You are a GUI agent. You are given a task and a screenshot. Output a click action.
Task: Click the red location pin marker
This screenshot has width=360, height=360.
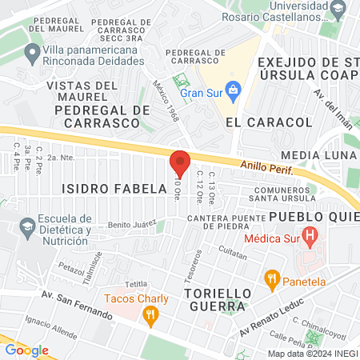[x=180, y=163]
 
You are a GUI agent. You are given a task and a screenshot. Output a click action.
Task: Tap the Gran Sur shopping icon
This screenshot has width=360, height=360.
[x=233, y=89]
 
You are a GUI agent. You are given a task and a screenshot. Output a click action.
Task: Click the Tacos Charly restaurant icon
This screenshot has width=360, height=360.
[x=149, y=316]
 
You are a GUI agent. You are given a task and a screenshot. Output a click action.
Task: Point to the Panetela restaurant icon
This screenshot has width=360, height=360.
[x=272, y=280]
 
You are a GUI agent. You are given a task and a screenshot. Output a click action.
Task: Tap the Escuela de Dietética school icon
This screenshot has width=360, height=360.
[x=27, y=225]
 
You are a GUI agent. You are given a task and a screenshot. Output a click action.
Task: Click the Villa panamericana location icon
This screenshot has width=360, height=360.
[x=33, y=54]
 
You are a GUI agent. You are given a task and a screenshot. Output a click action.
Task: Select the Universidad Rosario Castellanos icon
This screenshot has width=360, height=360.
[x=338, y=10]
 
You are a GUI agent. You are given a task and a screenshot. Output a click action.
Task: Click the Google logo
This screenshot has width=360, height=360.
[x=26, y=350]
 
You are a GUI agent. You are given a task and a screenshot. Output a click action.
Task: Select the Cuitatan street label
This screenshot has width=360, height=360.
[x=233, y=251]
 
